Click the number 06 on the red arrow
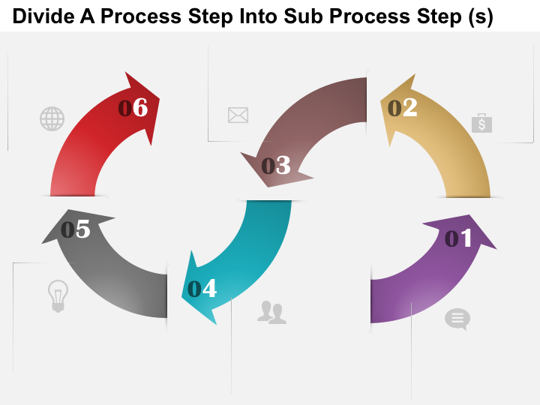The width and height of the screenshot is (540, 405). coord(133,109)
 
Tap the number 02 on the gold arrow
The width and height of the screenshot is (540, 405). coord(403,109)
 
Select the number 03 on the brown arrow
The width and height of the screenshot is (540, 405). coord(276,166)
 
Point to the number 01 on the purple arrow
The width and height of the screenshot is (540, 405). coord(459,238)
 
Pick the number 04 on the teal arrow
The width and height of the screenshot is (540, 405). coord(202,289)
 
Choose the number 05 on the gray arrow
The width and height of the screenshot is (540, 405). coord(76,229)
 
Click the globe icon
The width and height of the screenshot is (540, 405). coord(52,118)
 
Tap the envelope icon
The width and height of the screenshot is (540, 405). coord(238,115)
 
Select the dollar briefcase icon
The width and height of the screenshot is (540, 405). coord(481,123)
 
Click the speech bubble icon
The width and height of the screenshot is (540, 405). coord(457,319)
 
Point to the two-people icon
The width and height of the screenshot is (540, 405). coord(271,312)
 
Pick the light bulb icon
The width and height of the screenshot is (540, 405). coord(58,295)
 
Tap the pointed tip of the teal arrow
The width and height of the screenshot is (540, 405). coord(214,324)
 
